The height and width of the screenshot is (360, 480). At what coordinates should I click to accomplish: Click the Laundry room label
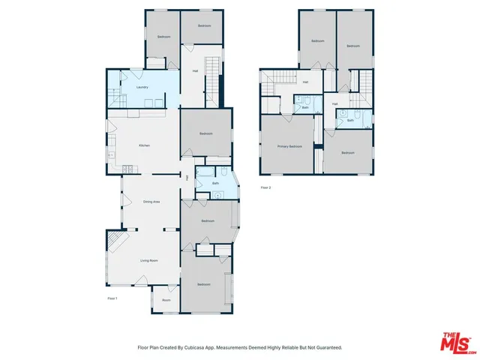point(142,88)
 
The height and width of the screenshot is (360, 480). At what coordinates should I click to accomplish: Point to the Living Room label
point(148,260)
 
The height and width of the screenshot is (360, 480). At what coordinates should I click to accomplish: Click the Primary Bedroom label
point(289,146)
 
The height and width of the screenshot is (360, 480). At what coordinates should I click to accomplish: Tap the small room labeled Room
point(166,300)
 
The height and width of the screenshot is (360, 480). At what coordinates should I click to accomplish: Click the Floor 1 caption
point(112,298)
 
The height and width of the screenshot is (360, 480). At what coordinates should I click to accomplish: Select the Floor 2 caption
point(265,187)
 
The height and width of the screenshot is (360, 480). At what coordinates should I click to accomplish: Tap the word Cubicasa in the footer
point(198,348)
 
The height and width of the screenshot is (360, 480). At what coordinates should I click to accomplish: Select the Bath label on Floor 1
point(215,183)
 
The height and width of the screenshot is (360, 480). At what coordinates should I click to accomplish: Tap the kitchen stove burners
point(111,155)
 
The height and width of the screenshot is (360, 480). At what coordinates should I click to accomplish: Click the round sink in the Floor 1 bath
point(218,195)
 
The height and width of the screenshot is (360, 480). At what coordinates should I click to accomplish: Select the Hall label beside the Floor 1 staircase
point(195,71)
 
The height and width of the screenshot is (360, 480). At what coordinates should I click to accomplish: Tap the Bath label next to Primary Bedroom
point(305,107)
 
